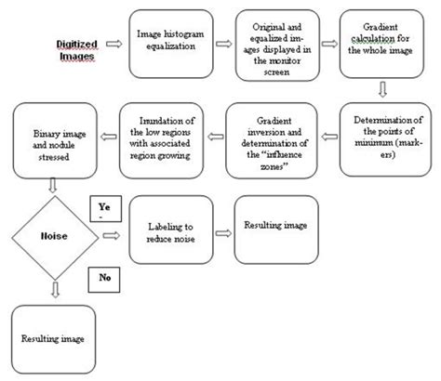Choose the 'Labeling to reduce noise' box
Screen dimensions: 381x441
173,233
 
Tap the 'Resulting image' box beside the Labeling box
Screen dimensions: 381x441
274,227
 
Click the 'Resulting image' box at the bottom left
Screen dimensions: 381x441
52,341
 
